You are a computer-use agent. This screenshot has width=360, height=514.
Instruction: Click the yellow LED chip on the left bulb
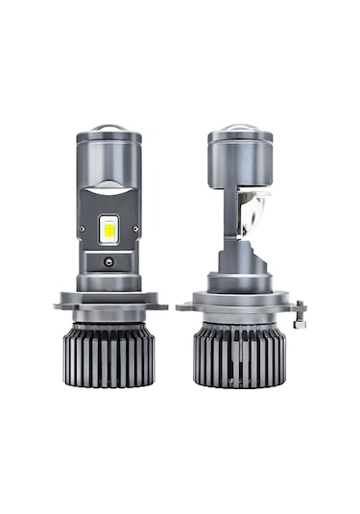tap(108, 227)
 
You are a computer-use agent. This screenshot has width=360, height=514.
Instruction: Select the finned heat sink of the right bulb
tap(243, 355)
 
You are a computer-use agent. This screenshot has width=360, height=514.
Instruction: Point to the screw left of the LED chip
tap(84, 229)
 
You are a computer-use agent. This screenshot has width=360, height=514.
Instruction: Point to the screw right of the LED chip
tap(134, 229)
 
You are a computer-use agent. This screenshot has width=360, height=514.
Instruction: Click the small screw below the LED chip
tap(108, 261)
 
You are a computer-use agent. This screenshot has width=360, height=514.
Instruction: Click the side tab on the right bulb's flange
tap(300, 311)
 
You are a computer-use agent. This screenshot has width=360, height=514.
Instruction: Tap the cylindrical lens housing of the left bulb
tap(108, 159)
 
